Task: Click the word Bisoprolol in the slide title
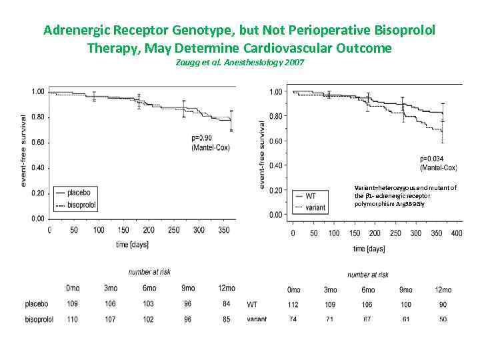coord(407,31)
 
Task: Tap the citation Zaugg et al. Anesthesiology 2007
coord(240,62)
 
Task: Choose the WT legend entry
coord(311,195)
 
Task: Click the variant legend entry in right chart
coord(315,207)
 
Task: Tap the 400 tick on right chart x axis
coord(456,234)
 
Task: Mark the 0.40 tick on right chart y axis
coord(275,165)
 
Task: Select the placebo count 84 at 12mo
coord(227,304)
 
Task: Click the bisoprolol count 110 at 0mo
coord(72,319)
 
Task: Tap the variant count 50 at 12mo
coord(443,319)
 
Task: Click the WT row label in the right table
coord(252,305)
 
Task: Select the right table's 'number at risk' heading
coord(368,275)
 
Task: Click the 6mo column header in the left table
coord(149,288)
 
